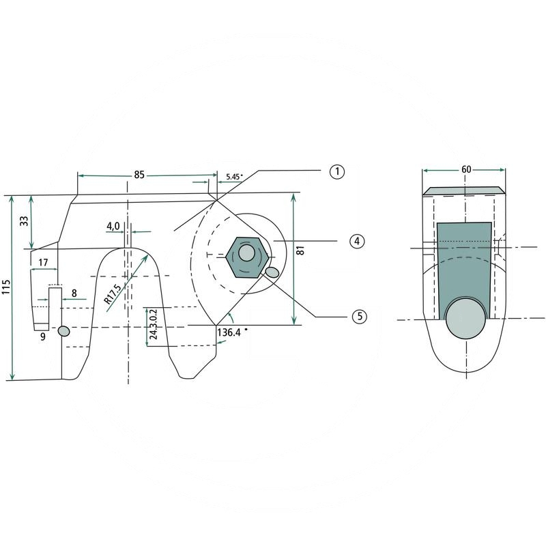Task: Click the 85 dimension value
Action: click(x=139, y=175)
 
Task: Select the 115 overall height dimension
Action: click(x=7, y=286)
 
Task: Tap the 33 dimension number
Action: click(x=24, y=221)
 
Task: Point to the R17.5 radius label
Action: click(x=113, y=294)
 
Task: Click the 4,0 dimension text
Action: click(x=113, y=227)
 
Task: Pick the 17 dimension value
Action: click(x=43, y=262)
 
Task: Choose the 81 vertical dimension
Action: click(x=300, y=250)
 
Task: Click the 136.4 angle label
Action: click(x=229, y=332)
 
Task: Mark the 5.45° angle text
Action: click(x=234, y=177)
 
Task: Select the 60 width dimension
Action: click(x=466, y=169)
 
